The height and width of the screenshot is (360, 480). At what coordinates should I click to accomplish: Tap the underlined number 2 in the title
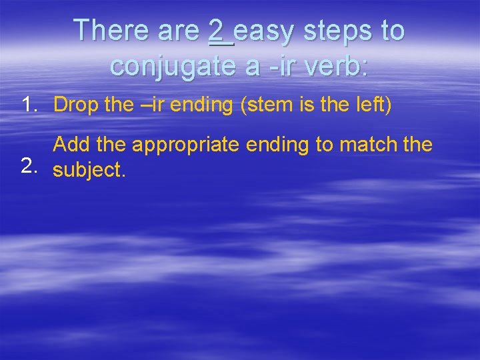tap(216, 31)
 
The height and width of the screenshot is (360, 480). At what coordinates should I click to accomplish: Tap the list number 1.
tap(29, 105)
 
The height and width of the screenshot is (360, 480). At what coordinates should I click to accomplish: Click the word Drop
tap(75, 105)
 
